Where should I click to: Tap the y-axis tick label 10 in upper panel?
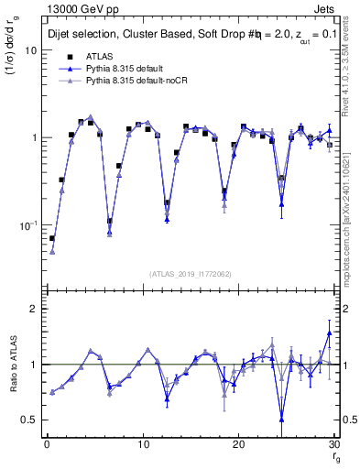[30, 50]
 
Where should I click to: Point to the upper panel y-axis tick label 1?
[33, 137]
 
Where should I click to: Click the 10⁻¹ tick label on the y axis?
[28, 224]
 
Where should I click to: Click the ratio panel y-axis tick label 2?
[33, 310]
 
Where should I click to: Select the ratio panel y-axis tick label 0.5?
[29, 420]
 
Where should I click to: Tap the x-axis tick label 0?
[47, 444]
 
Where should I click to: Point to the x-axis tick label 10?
[143, 444]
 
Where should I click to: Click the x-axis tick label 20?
[239, 444]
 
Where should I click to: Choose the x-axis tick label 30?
[334, 444]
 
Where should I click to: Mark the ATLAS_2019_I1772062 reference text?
[191, 274]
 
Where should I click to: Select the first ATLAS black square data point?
[52, 238]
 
